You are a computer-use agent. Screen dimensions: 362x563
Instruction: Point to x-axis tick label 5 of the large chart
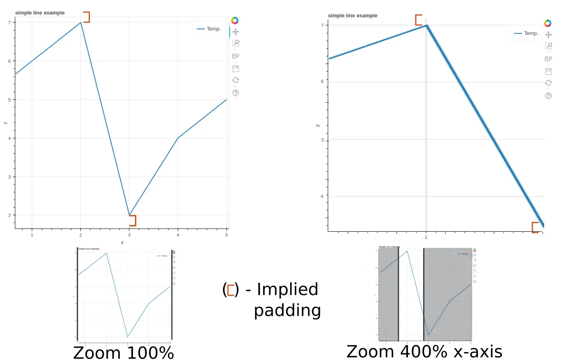227,235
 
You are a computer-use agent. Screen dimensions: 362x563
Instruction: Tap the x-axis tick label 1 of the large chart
32,235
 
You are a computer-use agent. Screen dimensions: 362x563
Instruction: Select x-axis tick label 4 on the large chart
178,235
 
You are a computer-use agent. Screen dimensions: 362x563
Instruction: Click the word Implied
287,290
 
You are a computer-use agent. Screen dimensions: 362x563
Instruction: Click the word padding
287,310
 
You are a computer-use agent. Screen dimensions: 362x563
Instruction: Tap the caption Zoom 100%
123,353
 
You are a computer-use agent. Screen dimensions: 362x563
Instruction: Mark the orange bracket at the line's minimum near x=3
133,220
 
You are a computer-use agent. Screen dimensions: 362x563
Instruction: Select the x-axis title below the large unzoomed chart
122,243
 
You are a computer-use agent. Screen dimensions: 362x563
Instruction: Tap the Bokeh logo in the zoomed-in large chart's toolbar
548,23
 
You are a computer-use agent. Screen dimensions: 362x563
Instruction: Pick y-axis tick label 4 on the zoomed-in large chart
322,196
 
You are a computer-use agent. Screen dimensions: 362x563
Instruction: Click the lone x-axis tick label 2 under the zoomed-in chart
426,238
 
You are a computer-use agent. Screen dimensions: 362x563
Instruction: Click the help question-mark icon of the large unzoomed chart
235,93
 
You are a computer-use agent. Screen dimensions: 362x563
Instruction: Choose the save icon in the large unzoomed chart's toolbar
235,68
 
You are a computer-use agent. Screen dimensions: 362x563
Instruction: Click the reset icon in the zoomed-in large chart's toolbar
548,83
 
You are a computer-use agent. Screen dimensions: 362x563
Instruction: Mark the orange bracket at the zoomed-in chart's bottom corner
535,228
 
